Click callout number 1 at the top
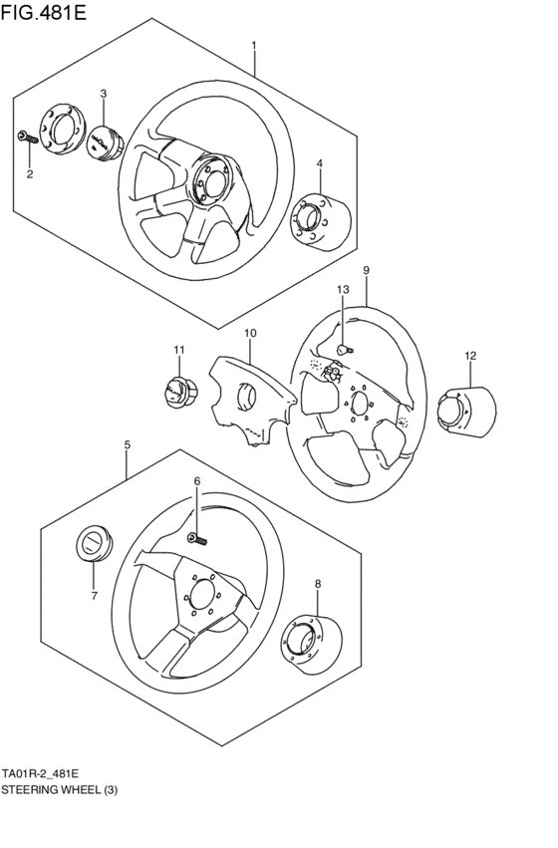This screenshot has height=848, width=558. click(254, 46)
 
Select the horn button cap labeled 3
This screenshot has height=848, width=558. click(104, 141)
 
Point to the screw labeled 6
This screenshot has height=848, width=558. click(197, 539)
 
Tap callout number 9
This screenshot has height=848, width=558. click(366, 270)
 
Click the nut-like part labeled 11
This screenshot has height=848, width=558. click(177, 390)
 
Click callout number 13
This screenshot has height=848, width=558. click(341, 289)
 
